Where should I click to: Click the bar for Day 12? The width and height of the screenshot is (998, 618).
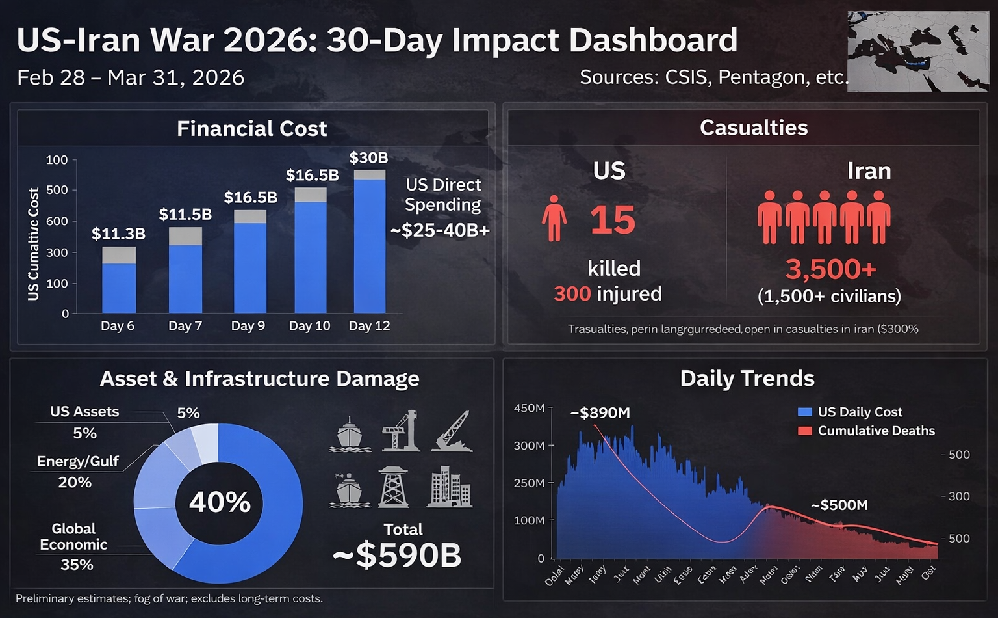(370, 244)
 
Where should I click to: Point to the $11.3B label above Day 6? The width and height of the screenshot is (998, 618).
(118, 234)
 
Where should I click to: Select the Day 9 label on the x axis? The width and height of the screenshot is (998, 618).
(248, 325)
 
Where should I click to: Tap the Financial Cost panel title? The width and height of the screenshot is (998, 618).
(251, 128)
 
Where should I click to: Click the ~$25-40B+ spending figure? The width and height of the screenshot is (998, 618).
(440, 230)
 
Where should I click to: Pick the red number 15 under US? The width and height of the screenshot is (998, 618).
(613, 221)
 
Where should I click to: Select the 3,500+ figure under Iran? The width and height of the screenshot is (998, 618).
(830, 269)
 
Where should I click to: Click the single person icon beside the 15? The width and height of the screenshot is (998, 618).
(554, 219)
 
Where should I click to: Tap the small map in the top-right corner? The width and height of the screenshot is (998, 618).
(917, 51)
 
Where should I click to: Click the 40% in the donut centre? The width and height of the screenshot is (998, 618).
(220, 502)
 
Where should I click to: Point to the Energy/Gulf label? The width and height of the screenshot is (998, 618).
(77, 461)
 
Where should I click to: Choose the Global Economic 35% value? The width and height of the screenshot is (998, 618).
(77, 565)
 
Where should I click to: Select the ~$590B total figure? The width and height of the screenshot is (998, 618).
(397, 556)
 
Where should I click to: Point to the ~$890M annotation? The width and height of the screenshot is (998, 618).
(600, 413)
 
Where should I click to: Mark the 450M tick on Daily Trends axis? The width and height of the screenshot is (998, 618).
(530, 408)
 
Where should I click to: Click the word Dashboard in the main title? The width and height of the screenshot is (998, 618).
(653, 40)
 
